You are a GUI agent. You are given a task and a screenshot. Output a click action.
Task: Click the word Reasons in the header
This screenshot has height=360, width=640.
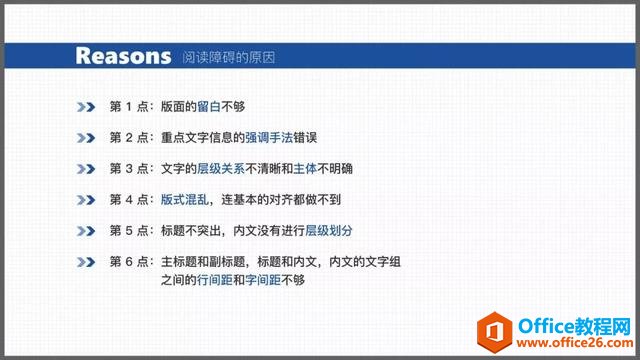pyautogui.click(x=123, y=55)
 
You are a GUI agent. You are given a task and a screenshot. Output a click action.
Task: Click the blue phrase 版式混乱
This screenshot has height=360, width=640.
pyautogui.click(x=185, y=199)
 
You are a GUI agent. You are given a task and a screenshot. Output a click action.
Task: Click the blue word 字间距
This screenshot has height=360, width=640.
pyautogui.click(x=264, y=281)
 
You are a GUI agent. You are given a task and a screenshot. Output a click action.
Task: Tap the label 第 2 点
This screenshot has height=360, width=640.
pyautogui.click(x=129, y=136)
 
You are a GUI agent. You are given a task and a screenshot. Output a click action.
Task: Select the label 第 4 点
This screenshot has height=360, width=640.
pyautogui.click(x=129, y=199)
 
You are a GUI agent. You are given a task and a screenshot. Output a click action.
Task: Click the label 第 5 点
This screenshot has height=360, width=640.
pyautogui.click(x=129, y=230)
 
